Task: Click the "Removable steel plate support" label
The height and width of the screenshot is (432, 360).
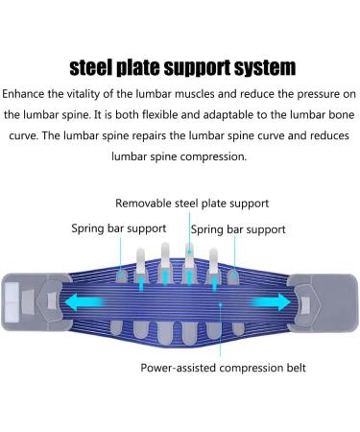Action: tap(192, 204)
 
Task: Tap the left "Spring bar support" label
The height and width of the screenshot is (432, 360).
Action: tap(118, 228)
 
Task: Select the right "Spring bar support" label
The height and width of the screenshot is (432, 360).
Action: tap(237, 229)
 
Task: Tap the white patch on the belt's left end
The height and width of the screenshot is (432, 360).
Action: tap(14, 295)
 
